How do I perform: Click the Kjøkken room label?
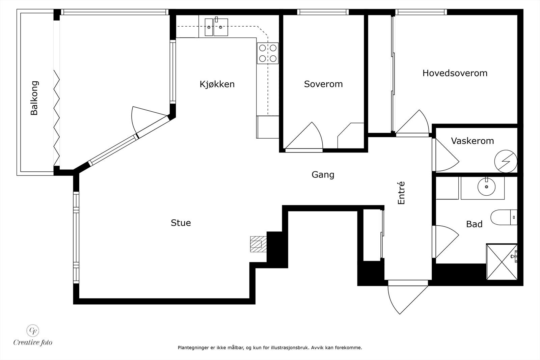217,84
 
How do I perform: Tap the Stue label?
181,223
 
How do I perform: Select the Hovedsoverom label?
455,73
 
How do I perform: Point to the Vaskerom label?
472,141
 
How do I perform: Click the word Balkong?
34,98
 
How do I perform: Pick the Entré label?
401,193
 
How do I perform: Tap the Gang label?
323,175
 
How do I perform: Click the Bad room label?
474,224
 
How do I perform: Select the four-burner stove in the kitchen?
268,53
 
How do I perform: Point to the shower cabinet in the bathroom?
502,262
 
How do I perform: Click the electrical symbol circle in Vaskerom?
506,161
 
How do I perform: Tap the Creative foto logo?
33,335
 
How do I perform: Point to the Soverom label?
323,84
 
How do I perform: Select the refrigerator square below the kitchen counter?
268,127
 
